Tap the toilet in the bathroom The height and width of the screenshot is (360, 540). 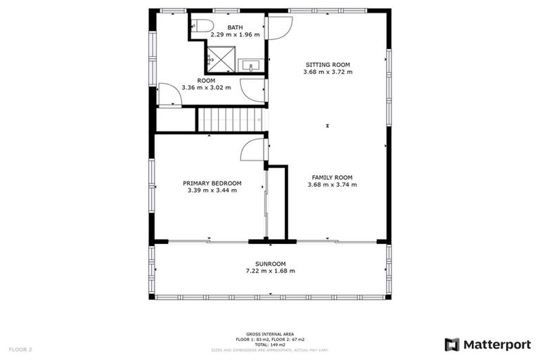tap(202, 27)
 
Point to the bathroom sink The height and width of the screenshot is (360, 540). tap(251, 66)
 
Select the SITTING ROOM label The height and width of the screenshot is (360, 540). tap(327, 64)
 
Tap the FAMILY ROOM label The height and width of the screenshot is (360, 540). tap(332, 177)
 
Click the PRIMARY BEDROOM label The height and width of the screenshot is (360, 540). tap(212, 183)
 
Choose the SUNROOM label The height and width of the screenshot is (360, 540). tap(270, 264)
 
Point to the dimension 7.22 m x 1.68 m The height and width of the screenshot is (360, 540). tap(270, 271)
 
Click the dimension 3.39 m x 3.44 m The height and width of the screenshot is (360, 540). tap(212, 190)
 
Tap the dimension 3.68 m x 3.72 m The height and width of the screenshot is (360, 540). tap(327, 72)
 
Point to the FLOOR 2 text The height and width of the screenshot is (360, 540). tap(20, 349)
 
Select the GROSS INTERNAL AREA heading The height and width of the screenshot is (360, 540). tap(270, 334)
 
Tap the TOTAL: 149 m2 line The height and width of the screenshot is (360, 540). tap(270, 345)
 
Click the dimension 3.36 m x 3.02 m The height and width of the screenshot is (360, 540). tap(206, 88)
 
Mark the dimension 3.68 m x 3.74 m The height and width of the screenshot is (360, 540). tap(332, 185)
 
